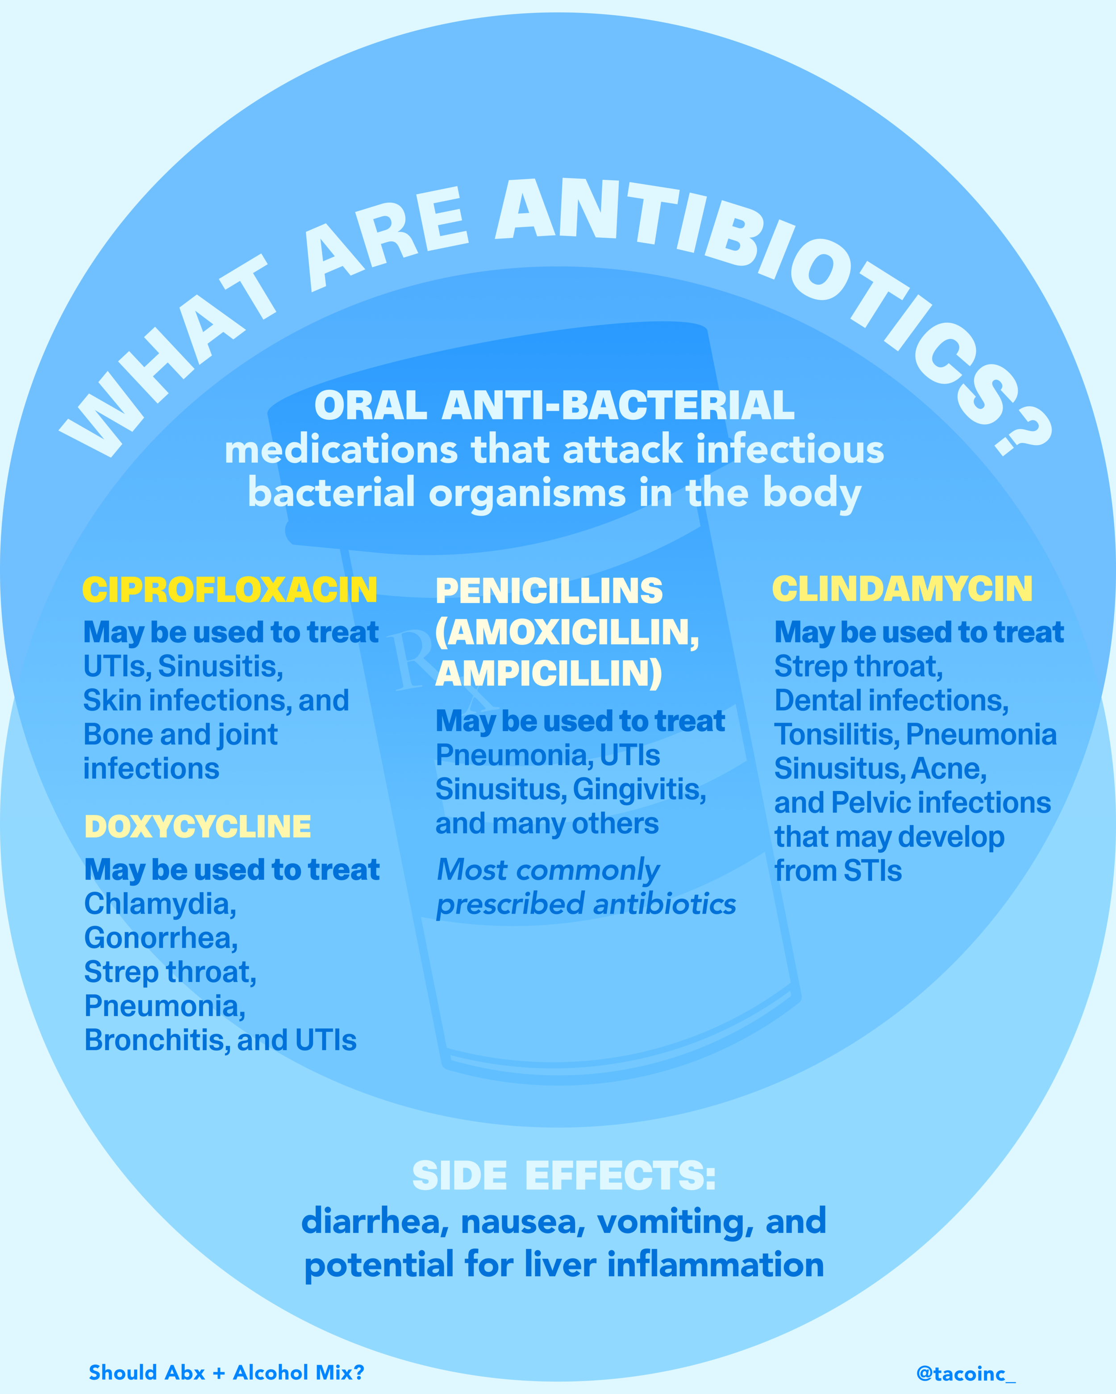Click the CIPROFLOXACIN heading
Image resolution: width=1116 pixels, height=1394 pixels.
point(229,590)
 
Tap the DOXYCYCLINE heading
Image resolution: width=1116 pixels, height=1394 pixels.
point(198,826)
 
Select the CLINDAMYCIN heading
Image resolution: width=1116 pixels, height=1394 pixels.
point(903,588)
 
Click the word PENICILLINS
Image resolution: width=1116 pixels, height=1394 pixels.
point(549,590)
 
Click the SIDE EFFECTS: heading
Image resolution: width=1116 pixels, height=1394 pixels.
point(564,1175)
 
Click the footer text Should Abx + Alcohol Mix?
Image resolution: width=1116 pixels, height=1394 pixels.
point(226,1372)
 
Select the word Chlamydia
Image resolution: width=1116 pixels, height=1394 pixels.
point(160,904)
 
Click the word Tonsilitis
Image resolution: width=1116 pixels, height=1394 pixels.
point(837,735)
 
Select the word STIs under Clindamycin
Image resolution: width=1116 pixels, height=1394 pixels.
point(872,871)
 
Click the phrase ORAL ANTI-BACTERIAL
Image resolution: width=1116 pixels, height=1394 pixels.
point(554,405)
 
